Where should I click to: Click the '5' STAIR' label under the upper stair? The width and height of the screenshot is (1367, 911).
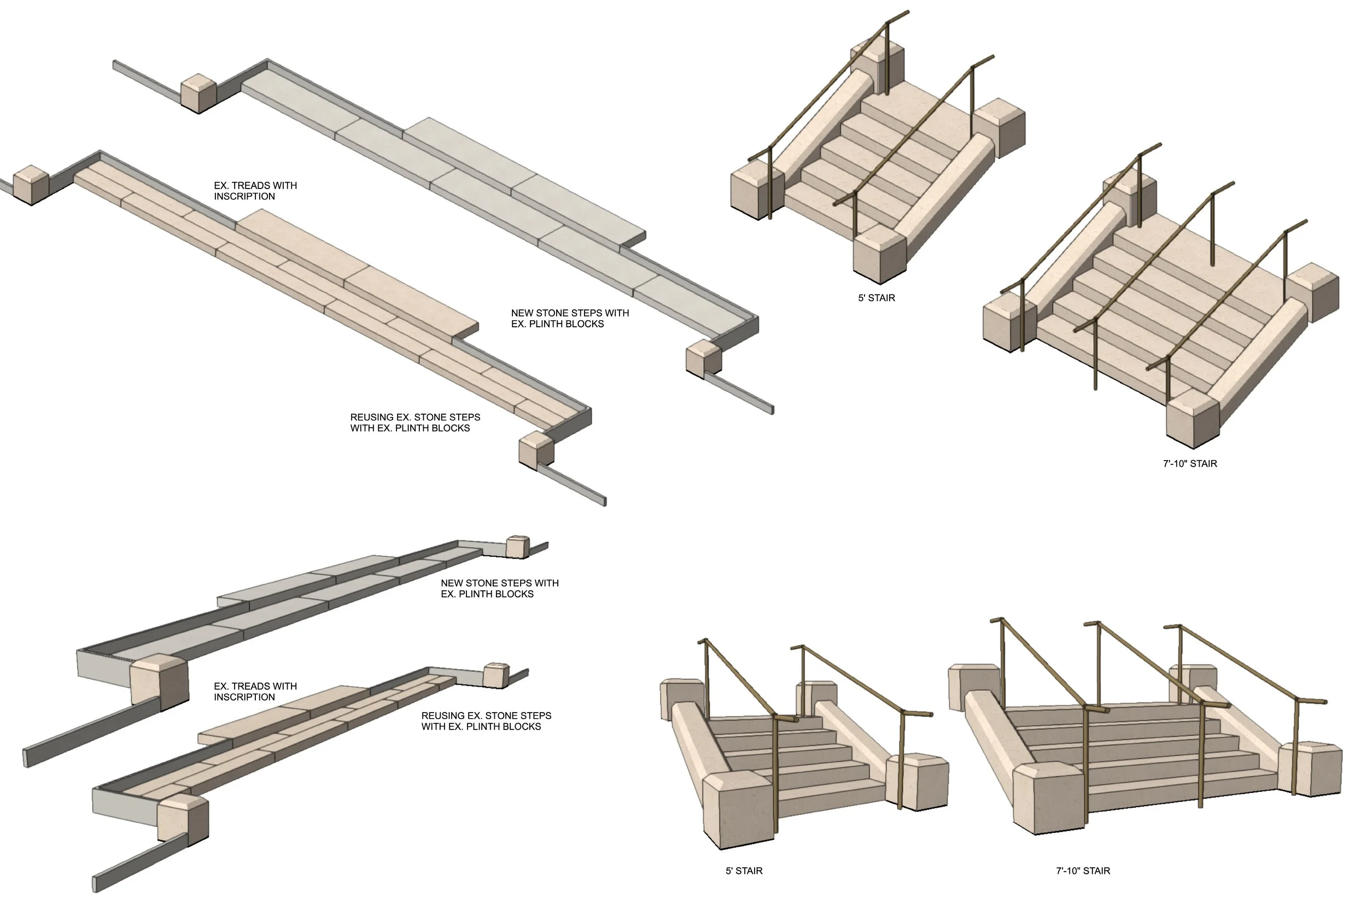877,298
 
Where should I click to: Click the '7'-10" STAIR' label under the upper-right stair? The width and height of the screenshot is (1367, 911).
1190,463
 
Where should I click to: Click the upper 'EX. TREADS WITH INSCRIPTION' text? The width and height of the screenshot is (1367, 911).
255,191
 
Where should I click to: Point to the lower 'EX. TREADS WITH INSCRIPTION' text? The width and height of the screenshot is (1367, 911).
255,691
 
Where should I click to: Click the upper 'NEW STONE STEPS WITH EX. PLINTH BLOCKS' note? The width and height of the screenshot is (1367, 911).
570,319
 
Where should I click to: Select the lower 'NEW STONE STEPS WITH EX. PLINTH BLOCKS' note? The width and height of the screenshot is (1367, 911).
499,588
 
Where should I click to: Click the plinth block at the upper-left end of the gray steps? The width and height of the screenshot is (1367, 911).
198,93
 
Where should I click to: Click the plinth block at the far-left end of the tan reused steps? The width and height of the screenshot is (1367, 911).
30,185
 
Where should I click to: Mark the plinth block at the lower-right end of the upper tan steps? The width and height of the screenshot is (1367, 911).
536,450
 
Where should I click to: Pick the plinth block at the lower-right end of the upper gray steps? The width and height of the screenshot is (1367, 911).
703,358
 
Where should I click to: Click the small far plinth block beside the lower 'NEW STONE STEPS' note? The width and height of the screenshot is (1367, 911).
517,546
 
